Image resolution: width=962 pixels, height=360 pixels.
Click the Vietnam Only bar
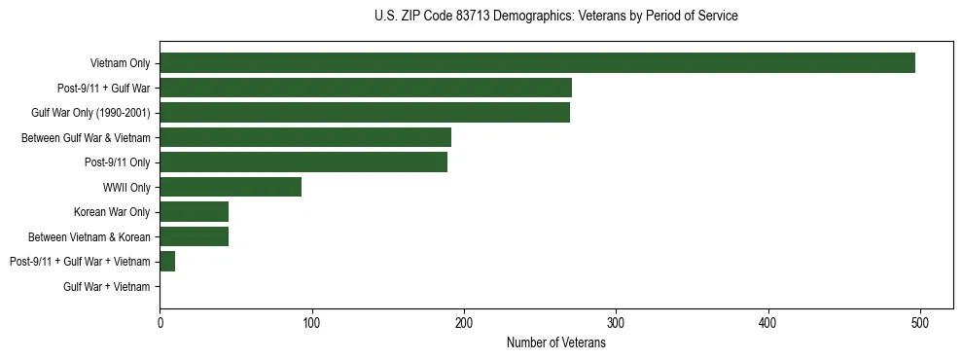pos(537,63)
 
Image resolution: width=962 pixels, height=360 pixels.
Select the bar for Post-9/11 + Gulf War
pos(366,88)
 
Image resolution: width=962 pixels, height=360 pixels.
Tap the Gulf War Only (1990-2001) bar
pos(365,113)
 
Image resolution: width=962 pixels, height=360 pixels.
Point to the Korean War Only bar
pos(195,212)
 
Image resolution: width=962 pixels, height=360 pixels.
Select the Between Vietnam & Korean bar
pos(195,236)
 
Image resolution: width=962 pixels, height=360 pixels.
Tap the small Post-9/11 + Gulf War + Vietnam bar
pos(167,262)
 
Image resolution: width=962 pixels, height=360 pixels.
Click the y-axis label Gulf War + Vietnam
pos(107,287)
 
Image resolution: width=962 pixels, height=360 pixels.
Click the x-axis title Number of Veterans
pos(556,342)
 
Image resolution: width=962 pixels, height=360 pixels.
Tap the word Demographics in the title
pos(526,17)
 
